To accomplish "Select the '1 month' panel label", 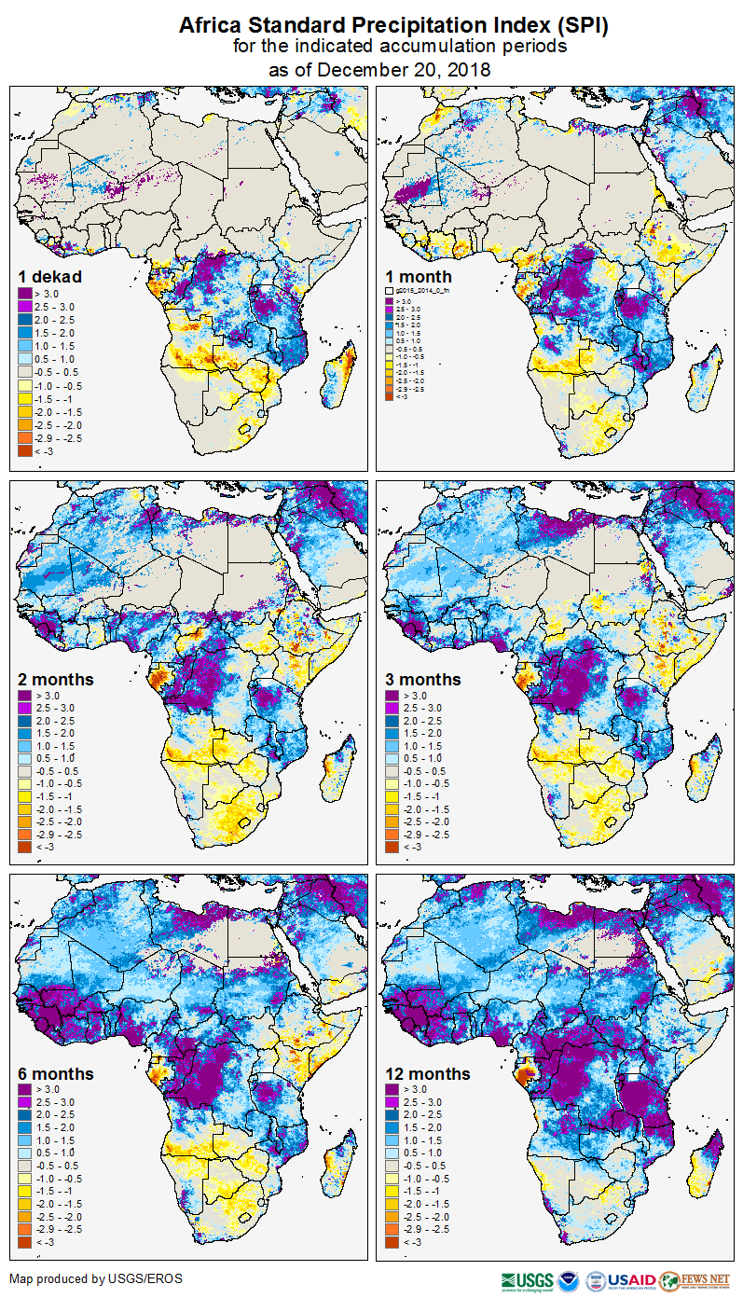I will [419, 276].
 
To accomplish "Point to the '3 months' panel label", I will [423, 679].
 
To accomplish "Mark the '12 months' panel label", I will [427, 1073].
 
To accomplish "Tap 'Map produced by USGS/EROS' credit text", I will [96, 1278].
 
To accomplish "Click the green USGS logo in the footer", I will [527, 1280].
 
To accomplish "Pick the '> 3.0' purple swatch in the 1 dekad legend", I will [25, 294].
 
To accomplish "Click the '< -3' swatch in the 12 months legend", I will [392, 1242].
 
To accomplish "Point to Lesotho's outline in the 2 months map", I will [245, 822].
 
